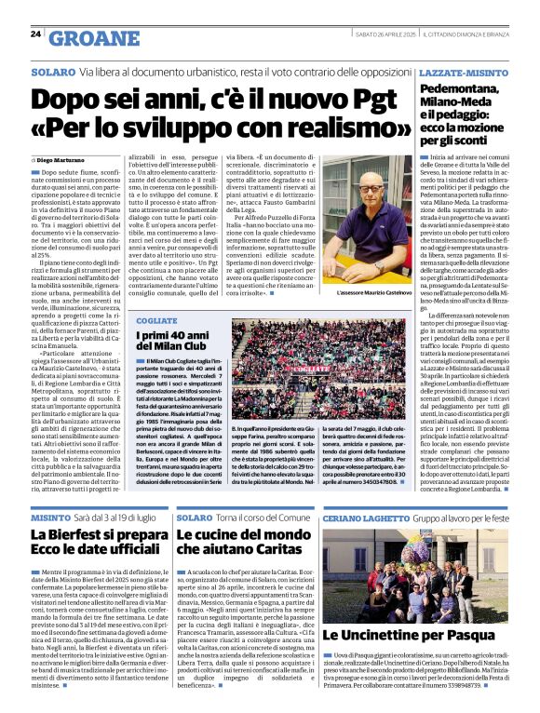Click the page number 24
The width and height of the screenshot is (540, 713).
[34, 34]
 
